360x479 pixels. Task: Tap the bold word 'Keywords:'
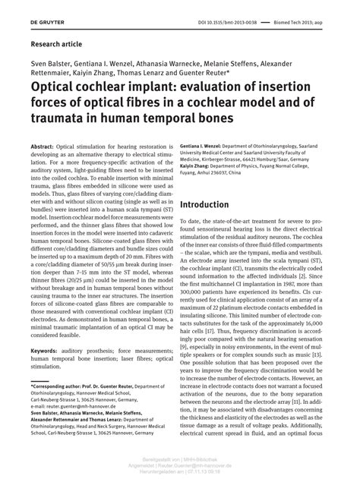[x=46, y=351]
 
